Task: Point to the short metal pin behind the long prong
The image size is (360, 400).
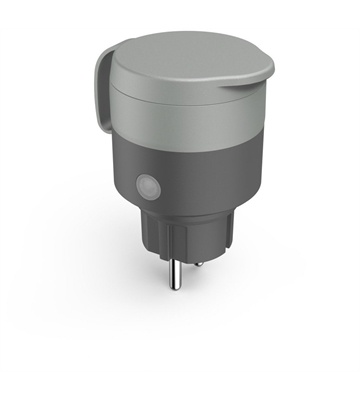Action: click(198, 262)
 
